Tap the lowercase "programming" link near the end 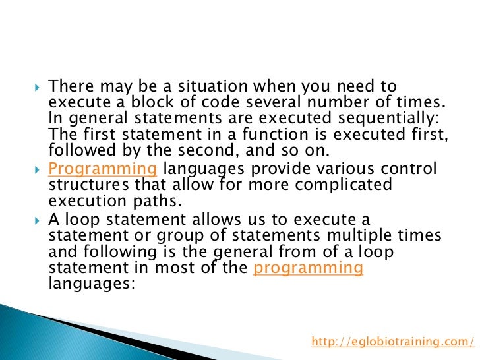point(308,268)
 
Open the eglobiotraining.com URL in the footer point(392,341)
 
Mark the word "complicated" point(346,185)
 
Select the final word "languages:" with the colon point(92,284)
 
